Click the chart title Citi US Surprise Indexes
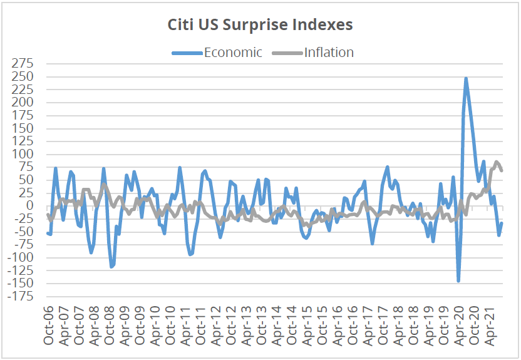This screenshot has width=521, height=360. pos(260,24)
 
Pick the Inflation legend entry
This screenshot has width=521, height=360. pos(329,53)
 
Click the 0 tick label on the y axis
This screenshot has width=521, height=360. pos(36,206)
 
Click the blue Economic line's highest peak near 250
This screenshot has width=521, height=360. pos(466,79)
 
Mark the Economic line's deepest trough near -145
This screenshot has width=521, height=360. pos(458,281)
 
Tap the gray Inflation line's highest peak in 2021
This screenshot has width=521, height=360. pos(497,162)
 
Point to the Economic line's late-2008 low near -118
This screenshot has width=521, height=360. pos(111,267)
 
